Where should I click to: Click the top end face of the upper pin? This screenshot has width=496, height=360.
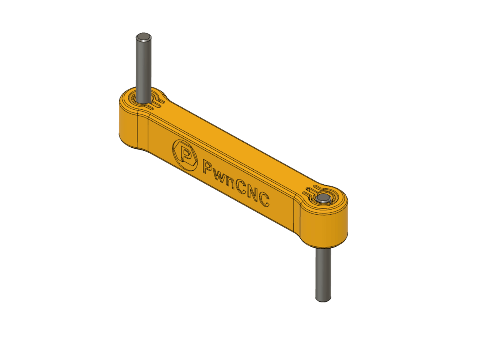click(144, 37)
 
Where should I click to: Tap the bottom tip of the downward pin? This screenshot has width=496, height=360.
click(323, 300)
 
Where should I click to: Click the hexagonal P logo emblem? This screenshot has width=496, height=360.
click(185, 154)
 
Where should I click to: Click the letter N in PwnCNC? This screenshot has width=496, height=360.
click(255, 193)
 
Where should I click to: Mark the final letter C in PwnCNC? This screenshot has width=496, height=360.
click(264, 201)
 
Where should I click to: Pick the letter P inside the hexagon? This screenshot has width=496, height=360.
click(184, 154)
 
